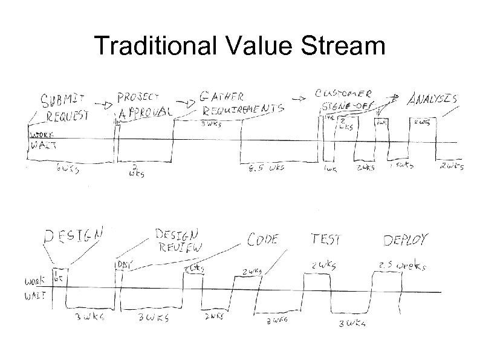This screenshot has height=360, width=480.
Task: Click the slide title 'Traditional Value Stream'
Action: [x=239, y=47]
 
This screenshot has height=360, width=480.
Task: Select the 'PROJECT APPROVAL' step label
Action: [x=144, y=104]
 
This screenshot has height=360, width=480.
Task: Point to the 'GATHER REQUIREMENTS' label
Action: [x=241, y=103]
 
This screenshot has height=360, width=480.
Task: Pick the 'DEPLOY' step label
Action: [x=406, y=240]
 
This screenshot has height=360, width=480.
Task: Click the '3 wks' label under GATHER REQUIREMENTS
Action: [x=210, y=125]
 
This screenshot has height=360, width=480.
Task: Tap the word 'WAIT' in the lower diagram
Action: [x=36, y=296]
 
